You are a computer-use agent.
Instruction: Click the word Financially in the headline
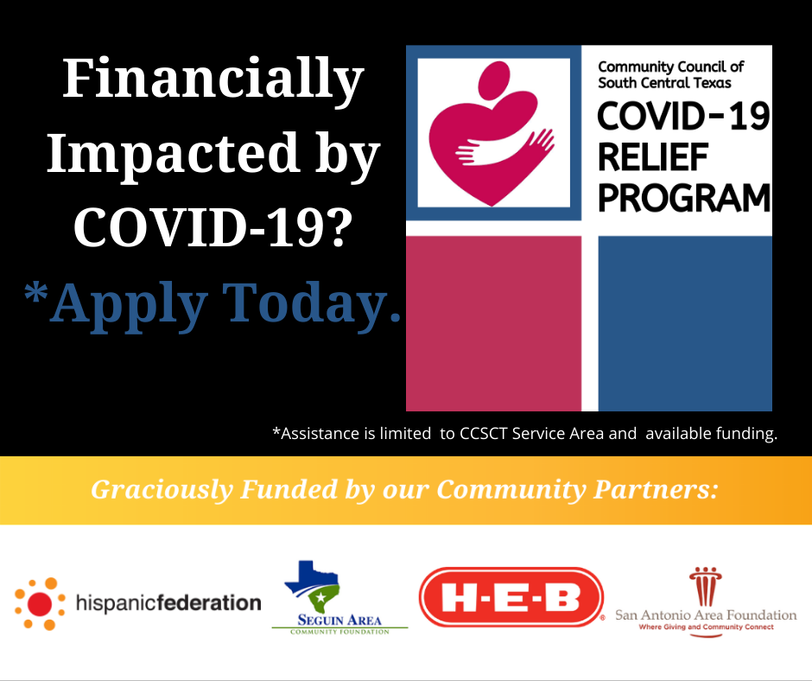click(213, 80)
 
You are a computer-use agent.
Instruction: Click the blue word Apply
click(130, 305)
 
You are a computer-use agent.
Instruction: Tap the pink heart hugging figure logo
click(492, 134)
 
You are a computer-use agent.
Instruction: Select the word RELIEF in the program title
click(652, 157)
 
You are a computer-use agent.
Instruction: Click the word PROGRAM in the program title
click(684, 198)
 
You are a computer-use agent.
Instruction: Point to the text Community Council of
click(670, 67)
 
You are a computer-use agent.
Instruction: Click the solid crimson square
click(493, 323)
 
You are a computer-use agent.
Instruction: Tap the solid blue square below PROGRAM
click(685, 323)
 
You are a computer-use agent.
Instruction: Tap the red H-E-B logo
click(511, 597)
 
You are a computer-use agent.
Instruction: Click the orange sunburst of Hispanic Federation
click(40, 604)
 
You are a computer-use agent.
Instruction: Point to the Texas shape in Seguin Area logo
click(312, 586)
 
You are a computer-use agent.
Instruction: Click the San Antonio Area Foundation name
click(706, 615)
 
